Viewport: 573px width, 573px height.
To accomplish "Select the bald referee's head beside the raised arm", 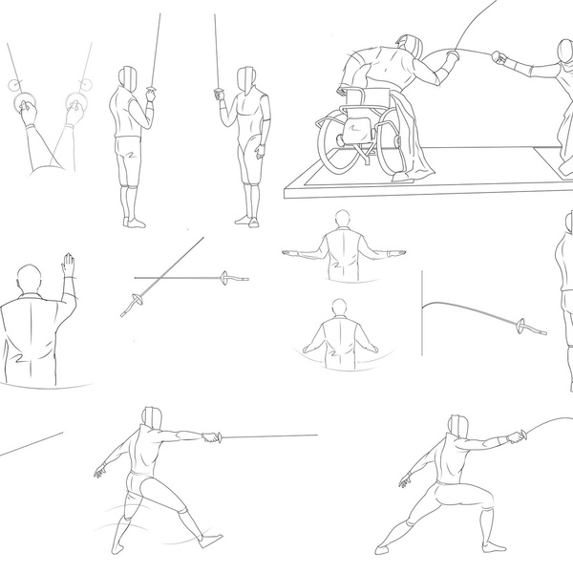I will coord(30,279).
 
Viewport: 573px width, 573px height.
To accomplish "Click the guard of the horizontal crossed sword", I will coord(225,278).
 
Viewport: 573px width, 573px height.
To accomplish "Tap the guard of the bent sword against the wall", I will coord(521,327).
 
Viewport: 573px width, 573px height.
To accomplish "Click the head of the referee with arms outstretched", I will coord(343,220).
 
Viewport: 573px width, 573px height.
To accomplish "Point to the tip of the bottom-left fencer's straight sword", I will coord(316,435).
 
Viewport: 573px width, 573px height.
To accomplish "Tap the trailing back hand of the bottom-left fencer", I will coord(99,472).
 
